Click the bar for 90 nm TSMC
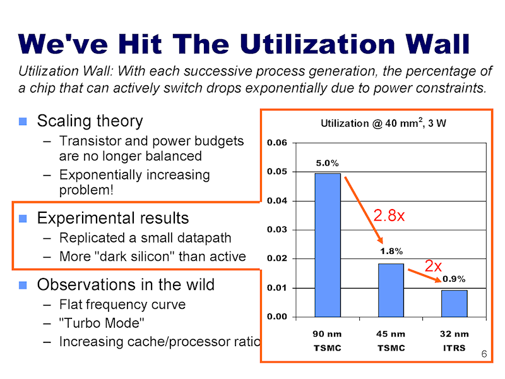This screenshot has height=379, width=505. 328,244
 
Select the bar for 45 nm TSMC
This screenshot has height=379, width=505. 391,289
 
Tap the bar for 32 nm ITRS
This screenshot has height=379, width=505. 454,303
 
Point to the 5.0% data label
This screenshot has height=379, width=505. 327,164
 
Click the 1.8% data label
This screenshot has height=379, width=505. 391,251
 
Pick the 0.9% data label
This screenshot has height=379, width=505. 454,279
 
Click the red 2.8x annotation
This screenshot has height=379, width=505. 389,215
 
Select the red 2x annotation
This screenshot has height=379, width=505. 432,266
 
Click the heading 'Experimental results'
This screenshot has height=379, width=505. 113,219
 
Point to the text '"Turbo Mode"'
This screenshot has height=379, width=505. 102,323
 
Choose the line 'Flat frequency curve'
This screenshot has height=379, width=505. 122,304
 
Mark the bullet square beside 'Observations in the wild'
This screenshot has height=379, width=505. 23,286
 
